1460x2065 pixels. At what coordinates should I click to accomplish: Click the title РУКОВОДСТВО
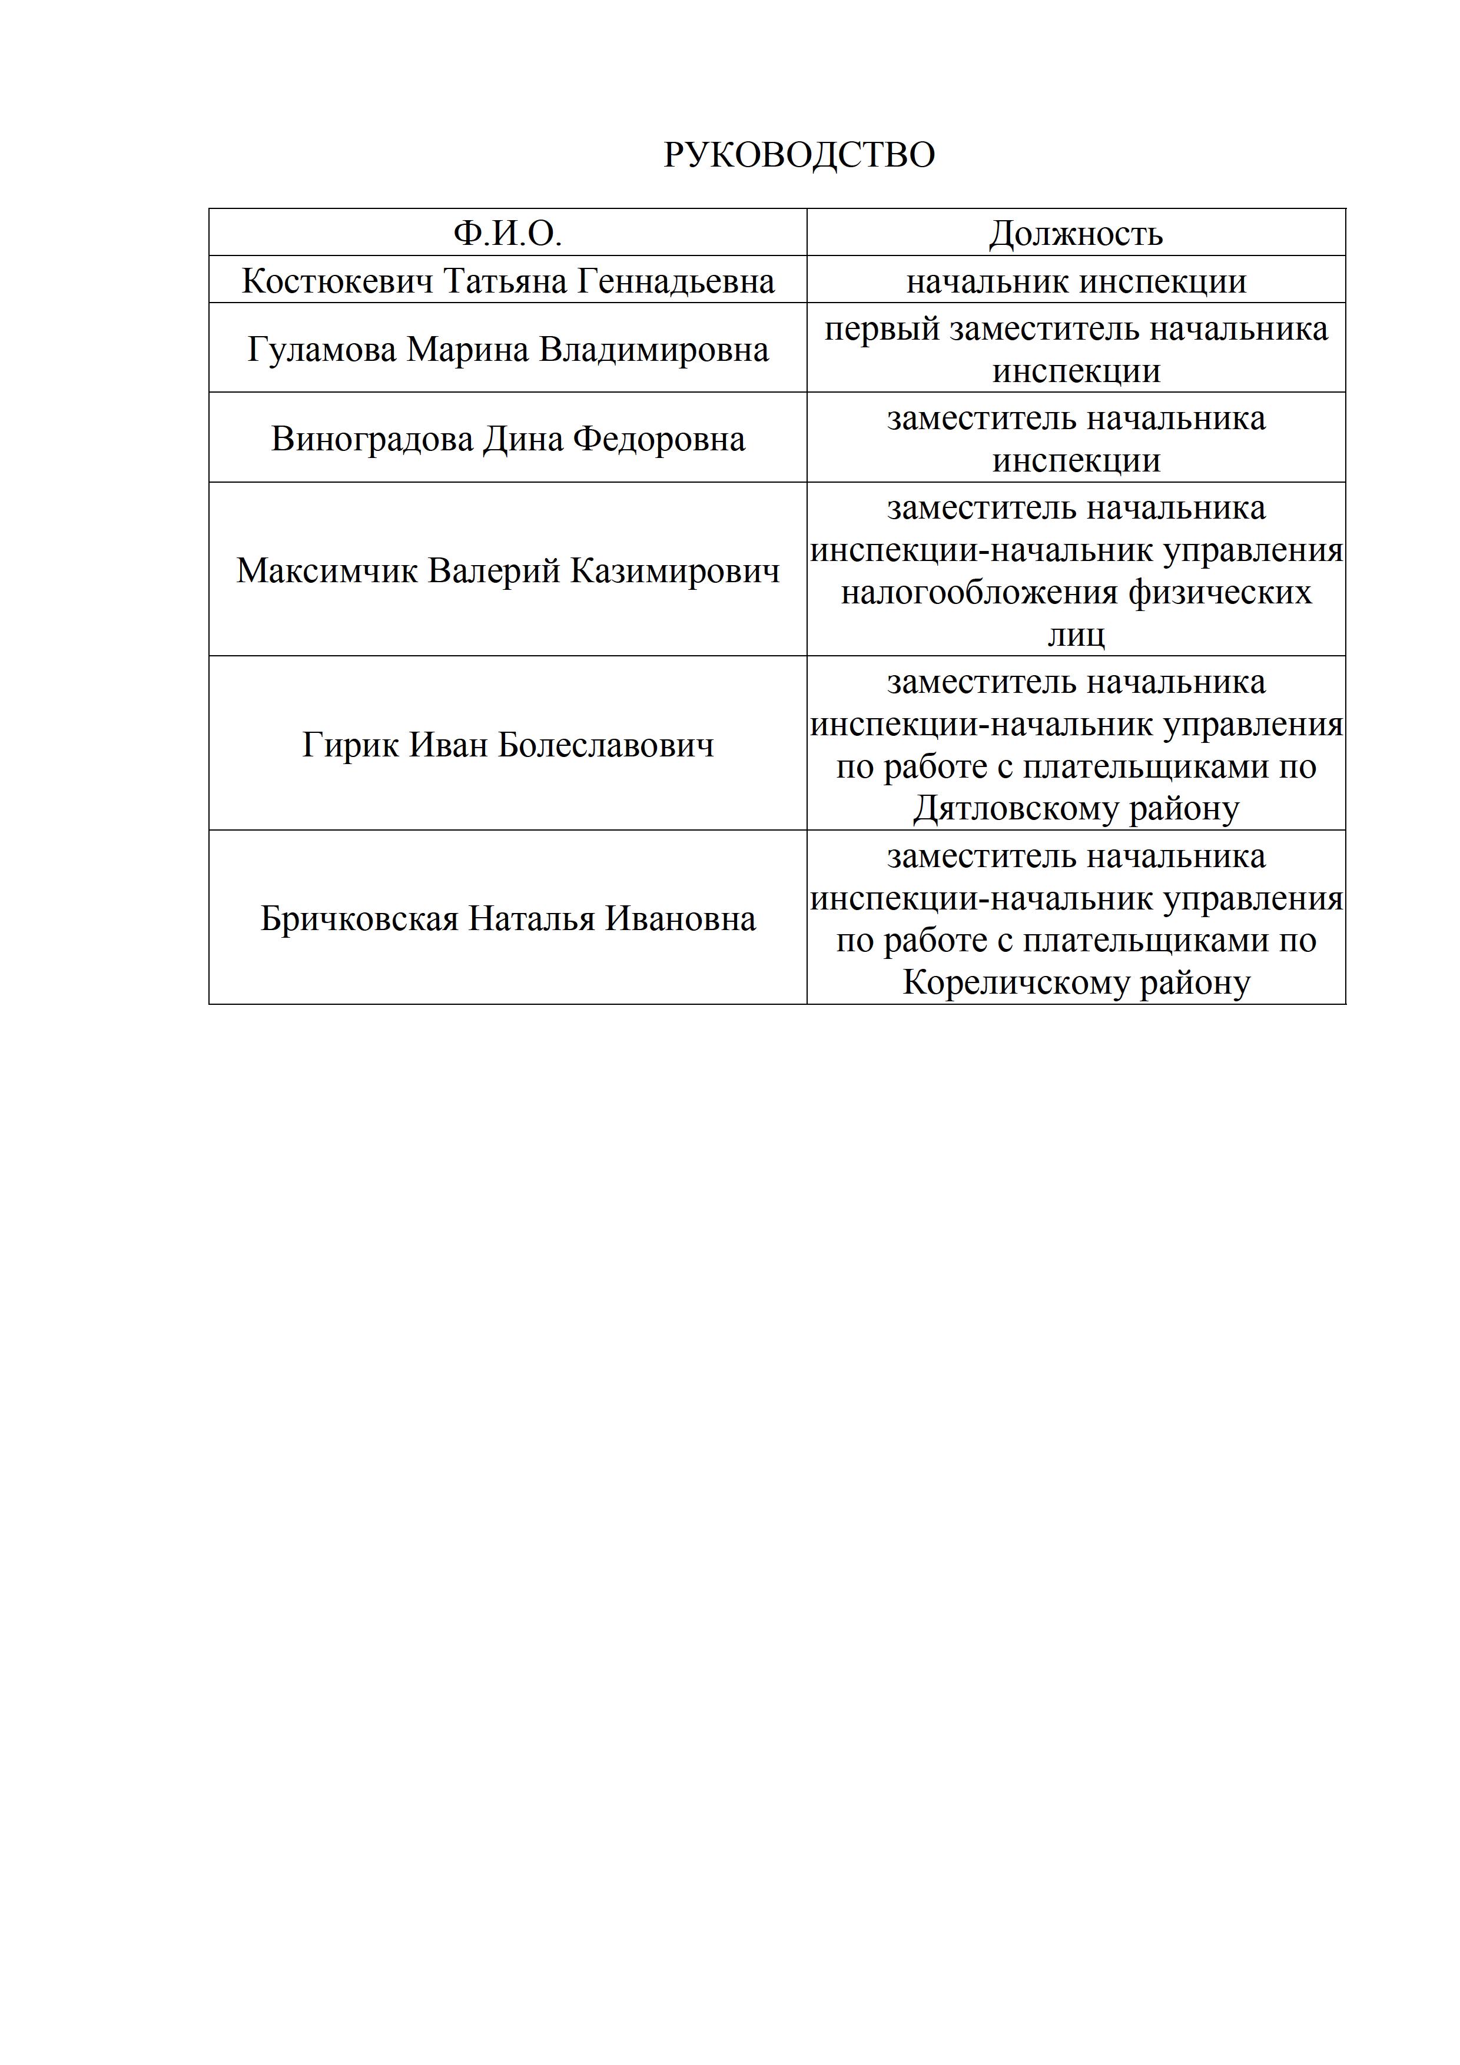click(799, 155)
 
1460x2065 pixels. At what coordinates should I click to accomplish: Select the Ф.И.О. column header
click(507, 234)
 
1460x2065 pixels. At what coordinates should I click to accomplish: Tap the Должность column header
click(1076, 234)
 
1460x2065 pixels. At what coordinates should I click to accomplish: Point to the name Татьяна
click(506, 281)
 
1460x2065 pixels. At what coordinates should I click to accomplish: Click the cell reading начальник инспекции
click(1076, 281)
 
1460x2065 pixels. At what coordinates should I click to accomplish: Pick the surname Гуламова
click(322, 349)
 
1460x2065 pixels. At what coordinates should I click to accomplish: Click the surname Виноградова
click(371, 439)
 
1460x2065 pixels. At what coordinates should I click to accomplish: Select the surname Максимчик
click(327, 570)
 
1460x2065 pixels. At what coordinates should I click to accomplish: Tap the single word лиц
click(1076, 635)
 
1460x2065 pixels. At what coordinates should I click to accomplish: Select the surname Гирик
click(351, 745)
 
